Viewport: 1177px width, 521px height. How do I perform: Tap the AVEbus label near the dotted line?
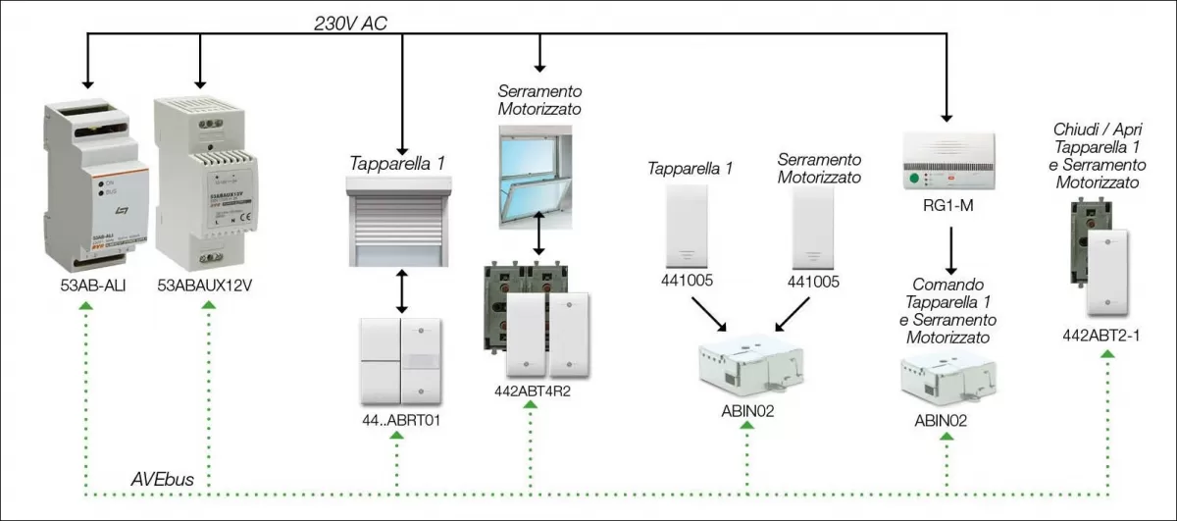pyautogui.click(x=162, y=479)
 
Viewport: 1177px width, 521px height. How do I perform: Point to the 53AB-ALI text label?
pyautogui.click(x=85, y=287)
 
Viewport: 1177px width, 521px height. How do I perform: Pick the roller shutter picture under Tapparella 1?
pyautogui.click(x=399, y=222)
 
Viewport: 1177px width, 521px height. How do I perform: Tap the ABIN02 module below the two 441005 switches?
pyautogui.click(x=747, y=372)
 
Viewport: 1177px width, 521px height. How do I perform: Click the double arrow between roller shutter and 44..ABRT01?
pyautogui.click(x=399, y=290)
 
